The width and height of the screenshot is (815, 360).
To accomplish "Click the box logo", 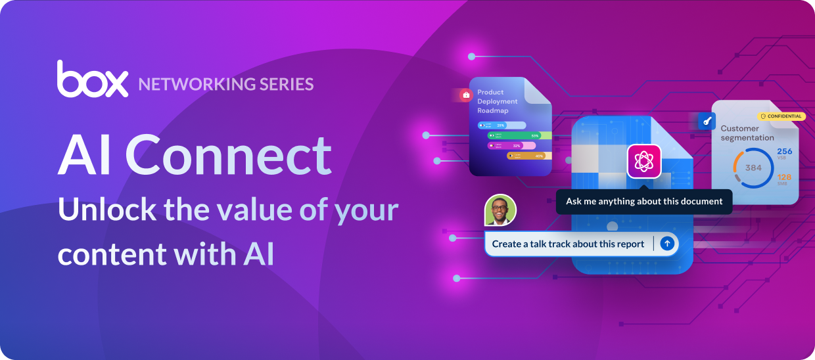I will (92, 79).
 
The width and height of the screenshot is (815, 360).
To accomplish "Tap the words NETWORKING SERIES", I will (225, 84).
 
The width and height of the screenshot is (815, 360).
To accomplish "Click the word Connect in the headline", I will (228, 156).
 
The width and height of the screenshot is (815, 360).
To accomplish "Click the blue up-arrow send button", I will (667, 244).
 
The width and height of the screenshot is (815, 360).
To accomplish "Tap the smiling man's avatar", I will (500, 211).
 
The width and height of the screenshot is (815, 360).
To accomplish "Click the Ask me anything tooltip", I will (643, 202).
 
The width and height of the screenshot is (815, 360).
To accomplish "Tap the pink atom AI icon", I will (643, 161).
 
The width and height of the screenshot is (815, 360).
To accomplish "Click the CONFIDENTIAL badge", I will (781, 116).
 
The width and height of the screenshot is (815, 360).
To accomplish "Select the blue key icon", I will (707, 121).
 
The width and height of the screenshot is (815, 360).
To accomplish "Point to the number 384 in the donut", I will (753, 168).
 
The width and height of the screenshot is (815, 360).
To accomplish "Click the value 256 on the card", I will (785, 152).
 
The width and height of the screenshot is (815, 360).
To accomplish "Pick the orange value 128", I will (785, 177).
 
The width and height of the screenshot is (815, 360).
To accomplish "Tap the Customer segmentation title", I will (747, 133).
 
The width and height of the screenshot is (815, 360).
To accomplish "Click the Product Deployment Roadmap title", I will (498, 101).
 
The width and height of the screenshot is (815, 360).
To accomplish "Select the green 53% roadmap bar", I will (519, 135).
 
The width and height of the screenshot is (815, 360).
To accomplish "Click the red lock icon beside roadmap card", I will (466, 95).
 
